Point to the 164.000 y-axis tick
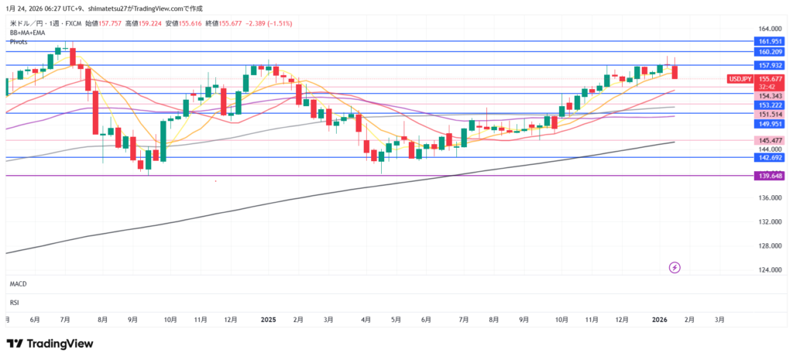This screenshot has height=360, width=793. [x=769, y=28]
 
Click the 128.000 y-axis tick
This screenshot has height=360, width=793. [x=769, y=246]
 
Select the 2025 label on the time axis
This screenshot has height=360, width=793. [x=269, y=319]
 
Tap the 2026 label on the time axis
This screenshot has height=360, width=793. [x=659, y=319]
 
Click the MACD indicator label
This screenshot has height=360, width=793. [x=19, y=285]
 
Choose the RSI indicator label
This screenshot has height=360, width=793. [x=14, y=302]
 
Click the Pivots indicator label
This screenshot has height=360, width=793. [x=19, y=42]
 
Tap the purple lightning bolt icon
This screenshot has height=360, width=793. [x=675, y=268]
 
